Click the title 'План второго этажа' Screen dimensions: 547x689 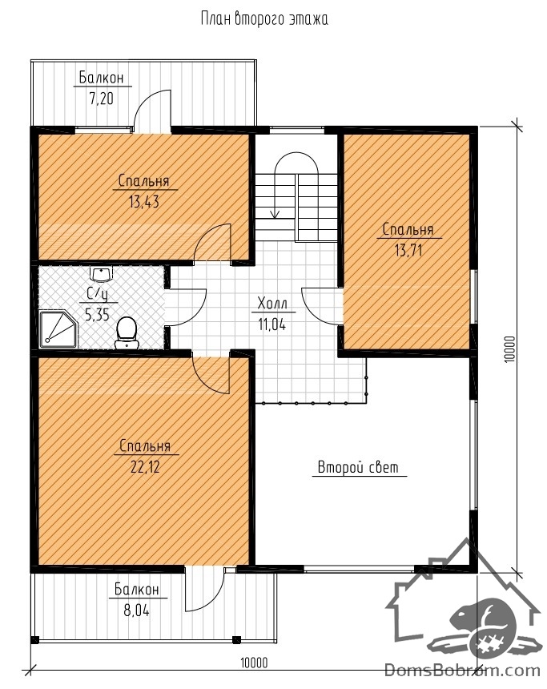click(x=264, y=19)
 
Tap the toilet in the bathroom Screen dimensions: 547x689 click(x=127, y=332)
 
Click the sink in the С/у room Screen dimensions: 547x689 click(x=102, y=273)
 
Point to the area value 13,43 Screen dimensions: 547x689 click(x=143, y=202)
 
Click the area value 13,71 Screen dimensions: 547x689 click(x=408, y=251)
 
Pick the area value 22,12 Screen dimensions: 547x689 click(x=145, y=466)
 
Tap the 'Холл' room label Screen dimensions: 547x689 click(x=272, y=303)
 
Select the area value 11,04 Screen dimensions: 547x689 click(x=272, y=324)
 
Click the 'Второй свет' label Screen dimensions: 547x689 click(x=358, y=466)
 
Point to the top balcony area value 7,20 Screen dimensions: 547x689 click(x=102, y=99)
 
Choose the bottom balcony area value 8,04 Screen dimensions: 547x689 click(x=136, y=610)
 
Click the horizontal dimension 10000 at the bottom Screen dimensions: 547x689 click(x=254, y=663)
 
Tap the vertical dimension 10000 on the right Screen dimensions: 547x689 click(x=509, y=349)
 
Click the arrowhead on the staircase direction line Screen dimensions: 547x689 click(x=275, y=214)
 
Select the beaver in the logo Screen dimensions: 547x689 click(x=481, y=625)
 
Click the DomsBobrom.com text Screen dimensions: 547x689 click(x=462, y=671)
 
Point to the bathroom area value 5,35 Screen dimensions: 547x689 click(x=97, y=315)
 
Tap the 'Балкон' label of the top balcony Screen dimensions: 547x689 click(x=102, y=78)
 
